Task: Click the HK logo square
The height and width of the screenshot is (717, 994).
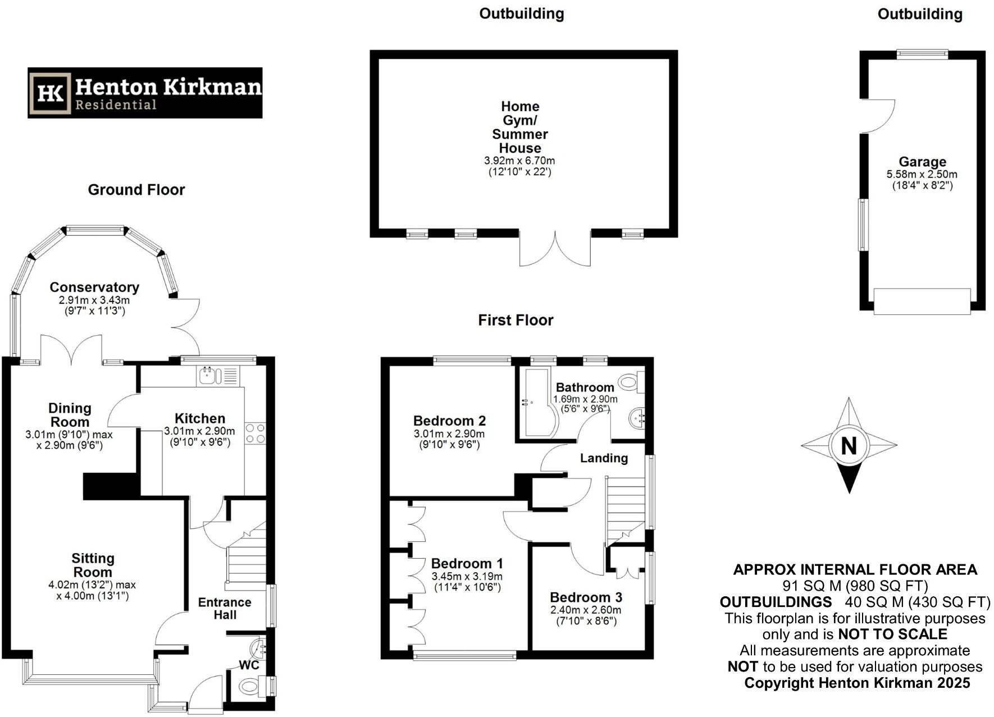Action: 51,93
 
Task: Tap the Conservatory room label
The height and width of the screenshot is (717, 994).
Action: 94,287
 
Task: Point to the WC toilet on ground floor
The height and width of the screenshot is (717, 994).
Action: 250,686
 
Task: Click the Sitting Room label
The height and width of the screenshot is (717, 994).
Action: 93,565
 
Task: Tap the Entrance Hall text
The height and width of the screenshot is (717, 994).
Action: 225,609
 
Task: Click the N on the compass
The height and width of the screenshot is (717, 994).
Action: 849,446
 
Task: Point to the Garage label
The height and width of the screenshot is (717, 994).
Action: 922,162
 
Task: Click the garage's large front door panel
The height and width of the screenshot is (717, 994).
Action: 922,302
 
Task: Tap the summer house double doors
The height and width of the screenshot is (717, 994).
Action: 555,249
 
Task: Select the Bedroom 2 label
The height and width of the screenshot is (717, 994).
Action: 449,421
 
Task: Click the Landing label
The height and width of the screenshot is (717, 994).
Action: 604,458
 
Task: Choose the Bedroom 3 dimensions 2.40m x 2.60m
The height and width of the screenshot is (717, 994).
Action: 586,610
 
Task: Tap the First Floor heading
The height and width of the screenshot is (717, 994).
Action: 516,320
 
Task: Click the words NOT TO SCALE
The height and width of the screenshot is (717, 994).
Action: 892,634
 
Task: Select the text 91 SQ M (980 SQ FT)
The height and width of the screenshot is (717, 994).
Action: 855,586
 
